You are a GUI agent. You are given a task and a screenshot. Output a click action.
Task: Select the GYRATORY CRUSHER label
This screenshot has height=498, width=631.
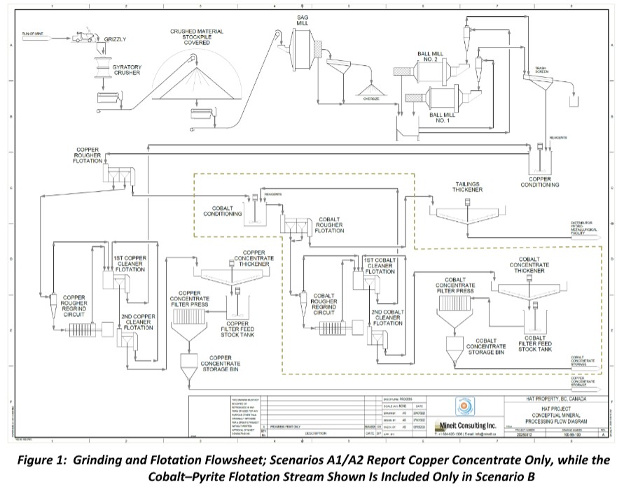[x=127, y=70]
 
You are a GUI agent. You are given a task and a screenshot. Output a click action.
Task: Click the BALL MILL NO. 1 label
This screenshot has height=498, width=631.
[x=439, y=118]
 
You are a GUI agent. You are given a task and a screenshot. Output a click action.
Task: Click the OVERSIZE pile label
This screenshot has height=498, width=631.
[x=370, y=99]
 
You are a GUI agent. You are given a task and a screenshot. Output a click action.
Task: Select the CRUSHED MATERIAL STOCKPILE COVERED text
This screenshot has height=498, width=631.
[x=197, y=36]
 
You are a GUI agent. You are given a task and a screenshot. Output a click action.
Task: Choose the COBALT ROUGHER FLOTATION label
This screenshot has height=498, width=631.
[x=329, y=225]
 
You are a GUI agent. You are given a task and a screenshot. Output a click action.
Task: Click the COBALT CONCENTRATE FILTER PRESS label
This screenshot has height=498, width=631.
[x=455, y=285]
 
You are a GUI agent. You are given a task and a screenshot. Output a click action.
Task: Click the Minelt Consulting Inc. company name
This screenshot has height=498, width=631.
[x=465, y=425]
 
